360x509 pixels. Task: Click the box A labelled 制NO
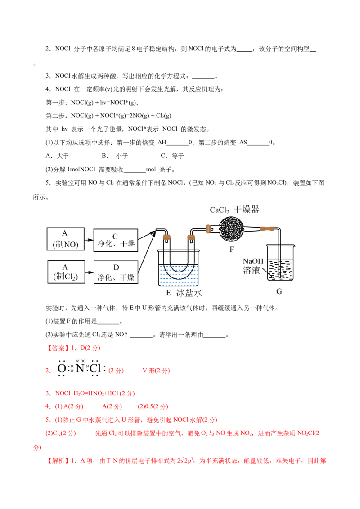(x=66, y=240)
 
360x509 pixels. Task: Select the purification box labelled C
(x=116, y=239)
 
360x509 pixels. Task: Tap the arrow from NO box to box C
(x=89, y=240)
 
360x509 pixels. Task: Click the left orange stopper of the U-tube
(x=167, y=236)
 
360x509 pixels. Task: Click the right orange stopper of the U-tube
(x=191, y=236)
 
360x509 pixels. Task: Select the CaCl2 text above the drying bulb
(x=220, y=210)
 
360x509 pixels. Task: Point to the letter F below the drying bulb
(x=232, y=247)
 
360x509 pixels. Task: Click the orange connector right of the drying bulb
(x=266, y=229)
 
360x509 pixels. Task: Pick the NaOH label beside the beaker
(x=252, y=262)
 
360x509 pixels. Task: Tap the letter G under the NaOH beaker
(x=279, y=292)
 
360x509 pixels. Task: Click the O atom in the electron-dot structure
(x=62, y=369)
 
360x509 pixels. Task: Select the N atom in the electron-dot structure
(x=80, y=369)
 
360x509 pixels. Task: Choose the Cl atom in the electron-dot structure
(x=94, y=369)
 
